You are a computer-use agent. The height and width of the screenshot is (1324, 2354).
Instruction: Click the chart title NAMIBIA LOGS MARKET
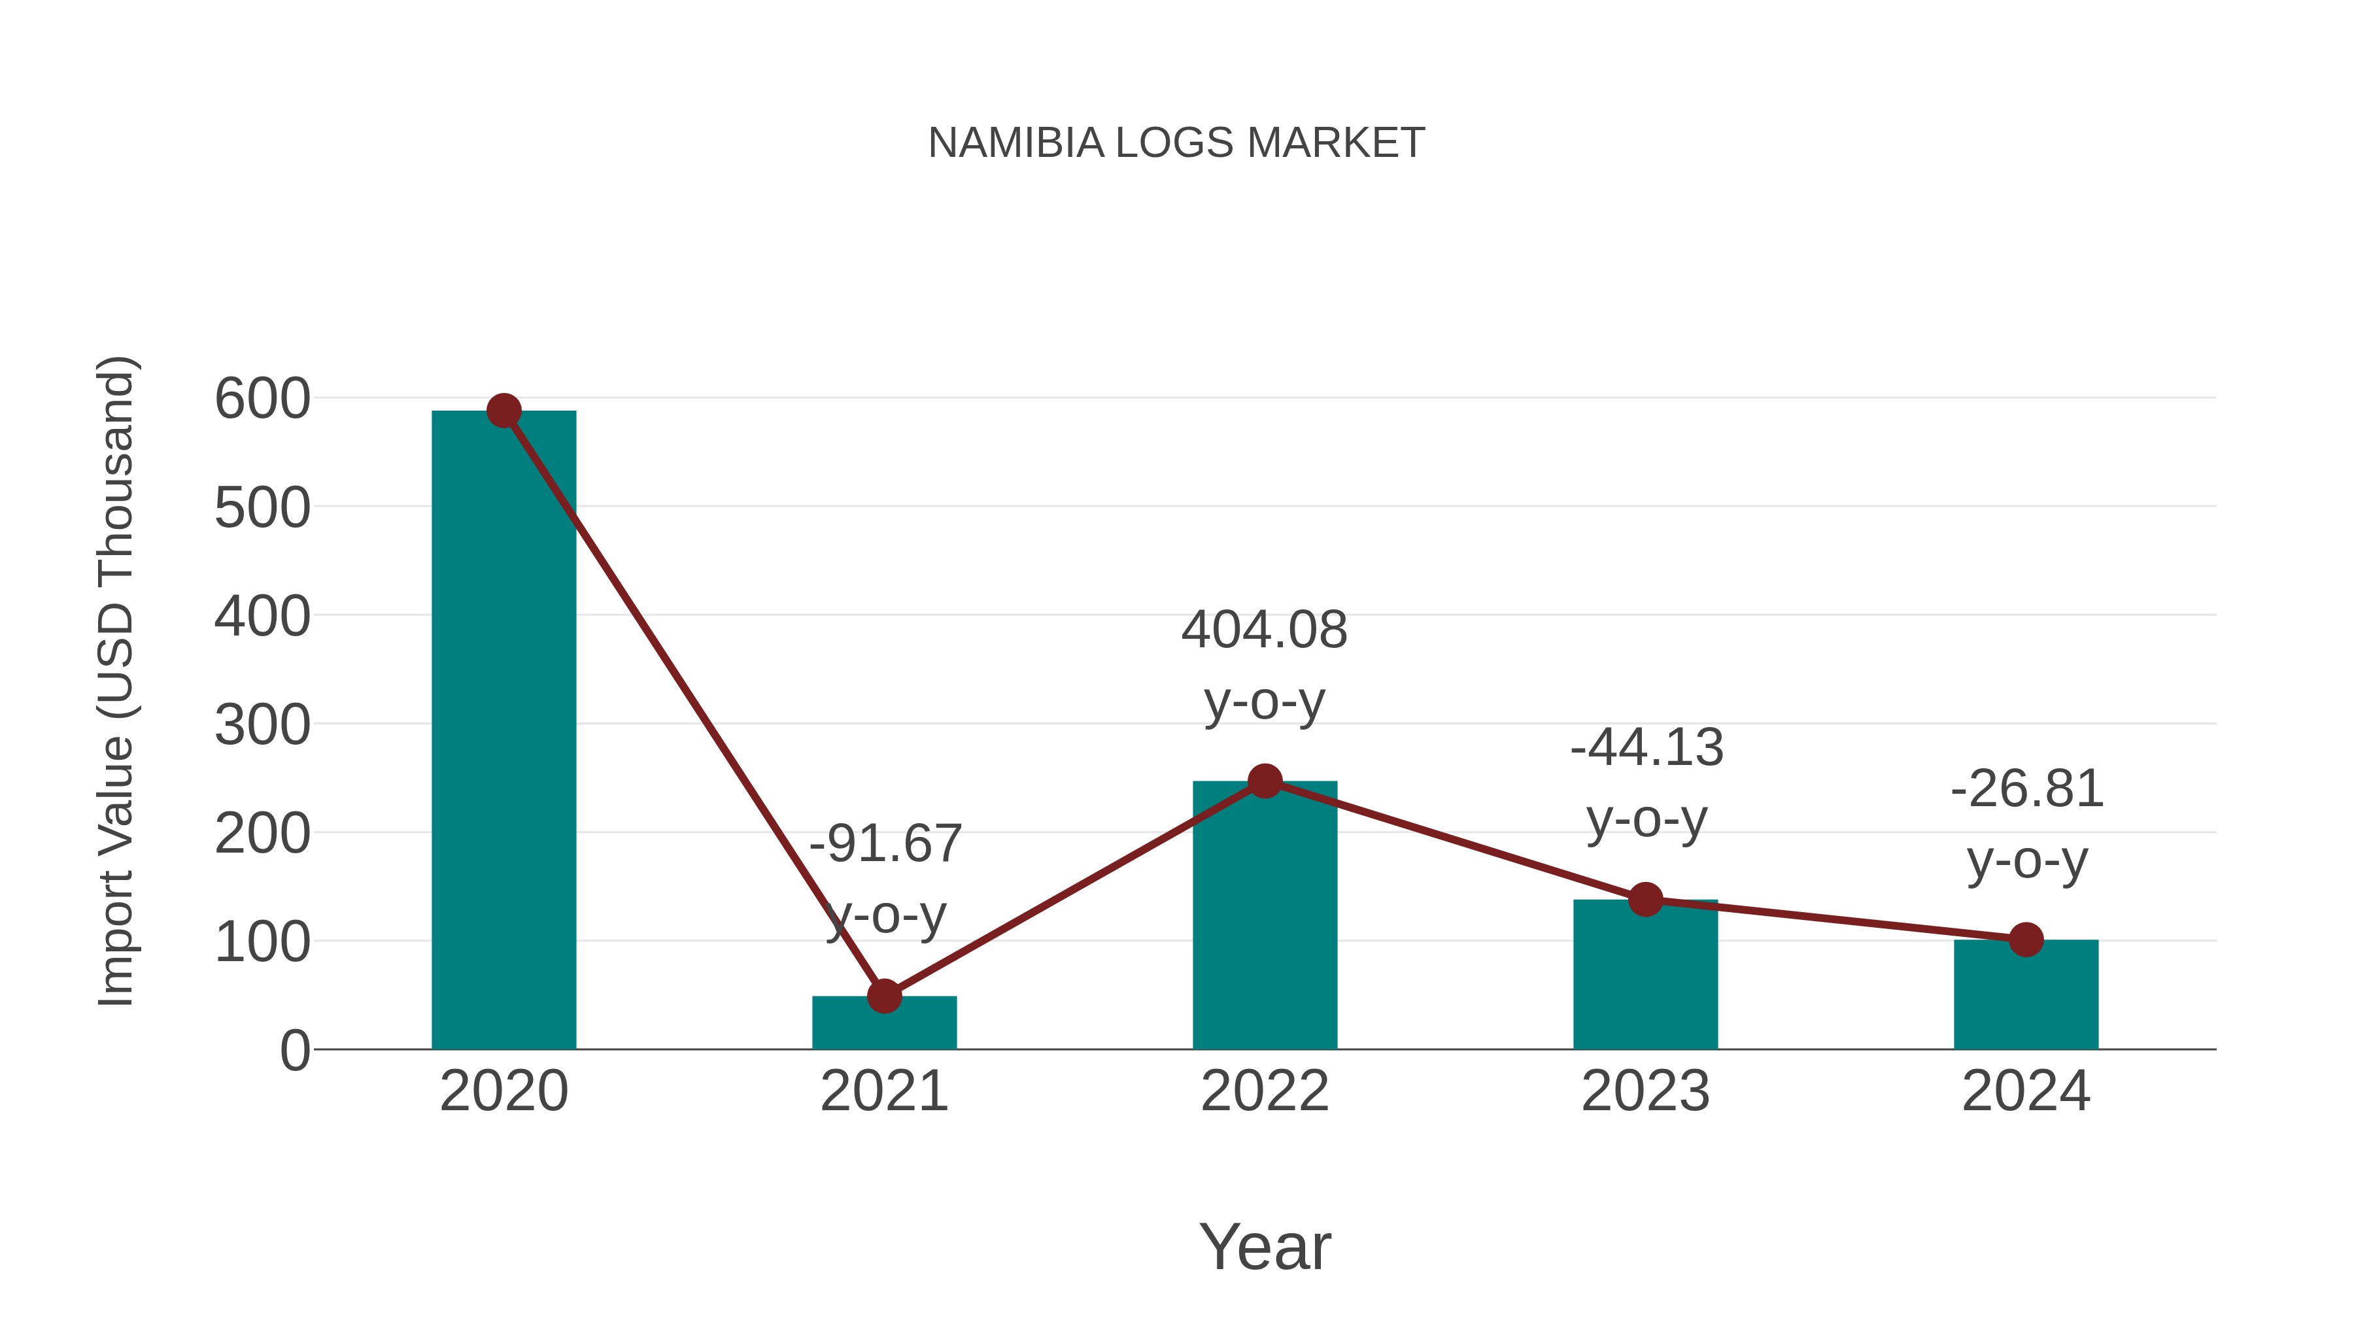tap(1176, 143)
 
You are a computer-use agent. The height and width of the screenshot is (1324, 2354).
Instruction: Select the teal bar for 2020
tap(503, 731)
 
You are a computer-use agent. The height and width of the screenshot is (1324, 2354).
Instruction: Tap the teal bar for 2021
tap(883, 1028)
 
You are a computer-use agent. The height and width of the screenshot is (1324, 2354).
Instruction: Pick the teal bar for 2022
tap(1265, 923)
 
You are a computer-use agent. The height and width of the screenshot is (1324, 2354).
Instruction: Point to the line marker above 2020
tap(503, 411)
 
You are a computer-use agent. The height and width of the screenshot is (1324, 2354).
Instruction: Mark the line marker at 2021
tap(883, 996)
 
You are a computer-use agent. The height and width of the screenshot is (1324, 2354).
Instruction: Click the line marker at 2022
tap(1265, 781)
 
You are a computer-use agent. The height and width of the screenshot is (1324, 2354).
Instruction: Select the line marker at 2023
tap(1645, 900)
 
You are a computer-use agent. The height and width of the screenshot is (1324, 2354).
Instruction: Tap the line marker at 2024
tap(2026, 940)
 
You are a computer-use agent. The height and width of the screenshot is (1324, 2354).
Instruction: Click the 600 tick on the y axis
tap(262, 399)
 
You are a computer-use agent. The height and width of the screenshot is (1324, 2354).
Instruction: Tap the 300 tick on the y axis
tap(262, 726)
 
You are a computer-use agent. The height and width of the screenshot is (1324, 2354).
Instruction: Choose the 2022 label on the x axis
tap(1265, 1091)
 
